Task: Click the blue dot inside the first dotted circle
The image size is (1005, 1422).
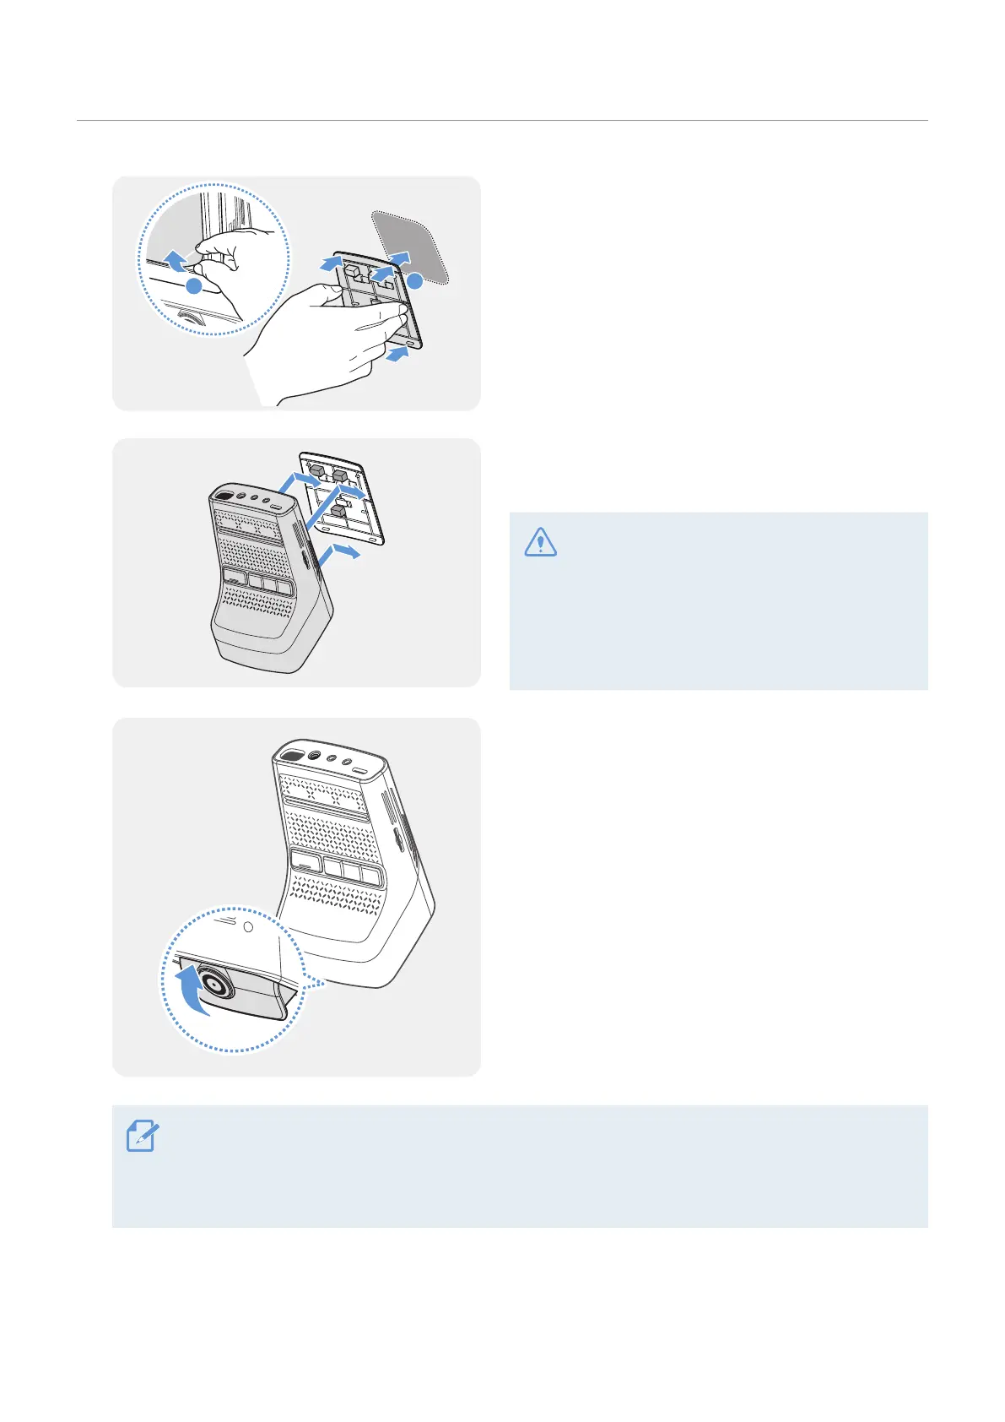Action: (x=194, y=286)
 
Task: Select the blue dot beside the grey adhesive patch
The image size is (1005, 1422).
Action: (x=414, y=278)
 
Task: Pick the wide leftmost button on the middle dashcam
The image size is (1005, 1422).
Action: (x=235, y=577)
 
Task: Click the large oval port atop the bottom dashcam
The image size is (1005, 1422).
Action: (x=293, y=754)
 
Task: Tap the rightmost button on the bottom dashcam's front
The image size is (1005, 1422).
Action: (x=371, y=877)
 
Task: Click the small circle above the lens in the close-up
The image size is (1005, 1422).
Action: (x=248, y=925)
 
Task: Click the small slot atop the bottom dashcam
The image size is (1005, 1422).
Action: (x=361, y=772)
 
